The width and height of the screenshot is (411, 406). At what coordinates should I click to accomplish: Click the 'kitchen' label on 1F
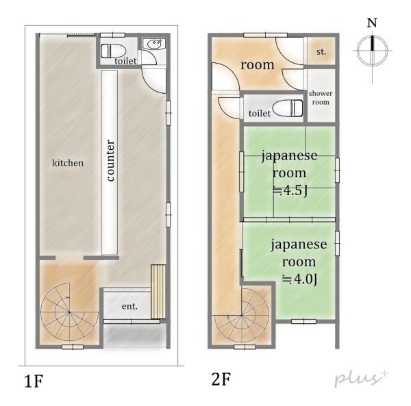coord(68,163)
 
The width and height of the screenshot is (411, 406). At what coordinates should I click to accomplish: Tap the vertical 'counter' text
coord(110,160)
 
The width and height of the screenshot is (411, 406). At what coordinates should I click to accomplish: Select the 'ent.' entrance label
coord(129,306)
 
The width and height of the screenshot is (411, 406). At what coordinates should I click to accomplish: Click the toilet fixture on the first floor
coord(114,51)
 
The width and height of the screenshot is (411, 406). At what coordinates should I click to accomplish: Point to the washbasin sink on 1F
coord(154,44)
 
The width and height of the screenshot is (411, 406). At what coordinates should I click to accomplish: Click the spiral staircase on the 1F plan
coord(69,312)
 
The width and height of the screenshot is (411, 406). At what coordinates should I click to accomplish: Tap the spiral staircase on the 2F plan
coord(242,315)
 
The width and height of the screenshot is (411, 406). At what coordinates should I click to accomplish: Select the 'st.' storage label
coord(321,52)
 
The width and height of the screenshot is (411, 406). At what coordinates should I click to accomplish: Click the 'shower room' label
coord(321,98)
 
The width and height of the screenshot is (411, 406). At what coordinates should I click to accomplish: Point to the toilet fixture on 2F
coord(288,108)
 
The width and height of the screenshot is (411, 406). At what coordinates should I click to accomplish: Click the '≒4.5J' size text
coord(290,191)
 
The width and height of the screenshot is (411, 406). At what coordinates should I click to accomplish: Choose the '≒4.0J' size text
coord(299,279)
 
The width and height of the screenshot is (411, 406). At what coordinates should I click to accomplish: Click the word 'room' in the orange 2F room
coord(258,65)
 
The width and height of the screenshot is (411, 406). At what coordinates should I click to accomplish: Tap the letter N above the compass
coord(372,23)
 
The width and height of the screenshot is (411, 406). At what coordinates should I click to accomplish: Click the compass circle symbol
coord(372,50)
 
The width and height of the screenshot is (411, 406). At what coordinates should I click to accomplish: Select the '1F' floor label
coord(34,381)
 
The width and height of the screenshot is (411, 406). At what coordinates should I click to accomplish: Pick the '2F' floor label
coord(221,379)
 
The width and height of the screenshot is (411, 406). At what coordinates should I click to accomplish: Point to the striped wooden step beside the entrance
coord(158,292)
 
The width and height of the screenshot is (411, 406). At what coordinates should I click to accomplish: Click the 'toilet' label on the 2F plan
coord(260,114)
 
